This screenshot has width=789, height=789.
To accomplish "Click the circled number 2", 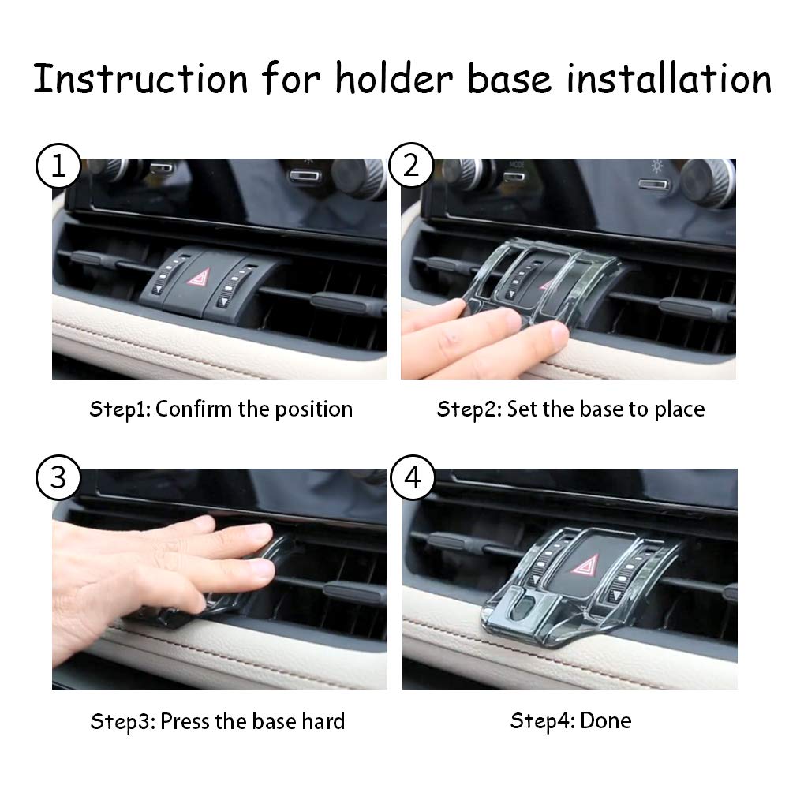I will tap(411, 166).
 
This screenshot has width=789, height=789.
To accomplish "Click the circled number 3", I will tap(56, 478).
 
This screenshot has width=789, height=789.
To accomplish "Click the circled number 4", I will tap(411, 478).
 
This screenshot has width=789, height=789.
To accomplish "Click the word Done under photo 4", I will tap(606, 720).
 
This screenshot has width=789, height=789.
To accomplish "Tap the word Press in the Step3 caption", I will tap(186, 721).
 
